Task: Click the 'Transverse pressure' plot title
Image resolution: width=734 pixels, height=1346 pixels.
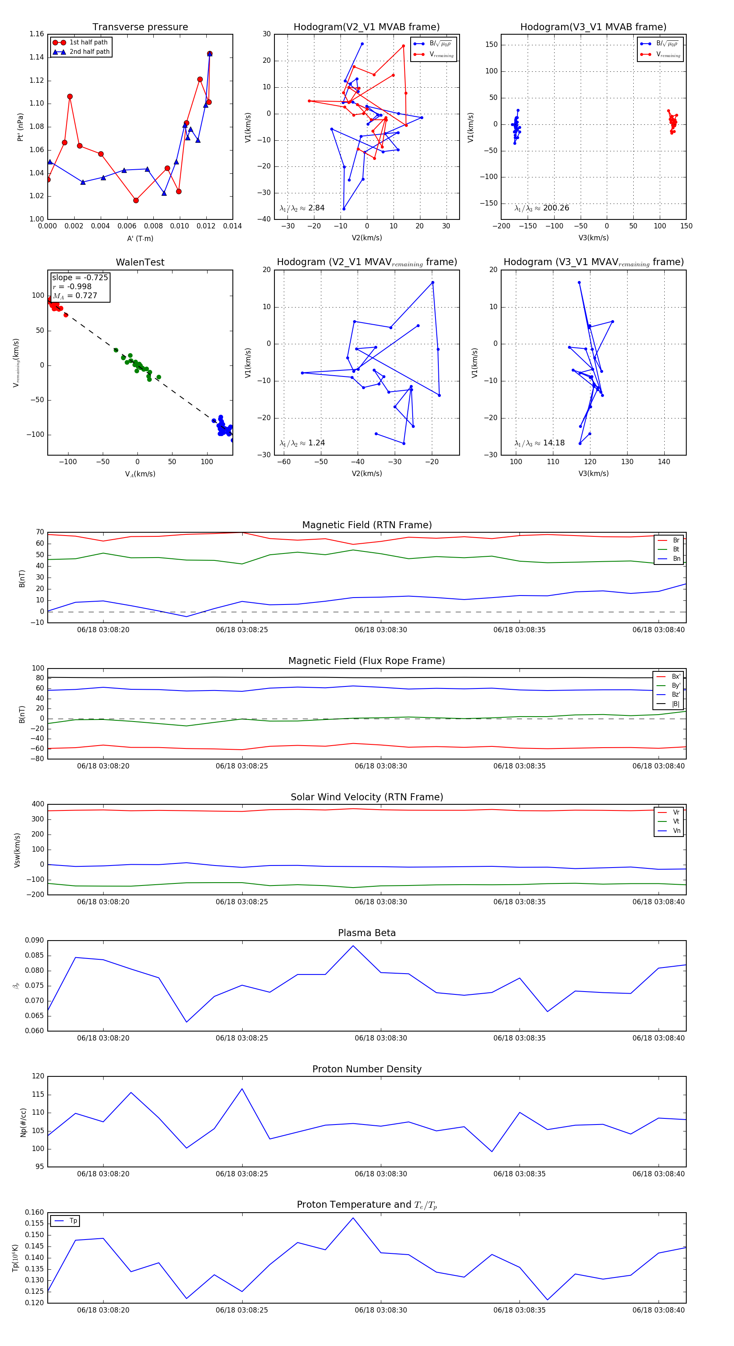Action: click(x=140, y=27)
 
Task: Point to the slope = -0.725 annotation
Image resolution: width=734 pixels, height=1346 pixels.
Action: click(x=80, y=277)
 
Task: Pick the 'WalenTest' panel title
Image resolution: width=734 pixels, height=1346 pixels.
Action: click(x=140, y=262)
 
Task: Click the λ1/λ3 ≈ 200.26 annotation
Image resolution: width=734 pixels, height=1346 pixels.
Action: click(x=542, y=208)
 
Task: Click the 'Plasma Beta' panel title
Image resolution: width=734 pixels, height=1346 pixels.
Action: click(x=367, y=933)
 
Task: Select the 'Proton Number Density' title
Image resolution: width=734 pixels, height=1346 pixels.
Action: click(x=367, y=1069)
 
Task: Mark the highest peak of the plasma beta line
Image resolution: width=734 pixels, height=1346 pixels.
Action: click(x=353, y=946)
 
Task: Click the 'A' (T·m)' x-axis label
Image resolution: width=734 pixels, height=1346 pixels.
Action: click(x=140, y=238)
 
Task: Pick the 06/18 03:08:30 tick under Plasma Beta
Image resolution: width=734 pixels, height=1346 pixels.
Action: click(x=380, y=1038)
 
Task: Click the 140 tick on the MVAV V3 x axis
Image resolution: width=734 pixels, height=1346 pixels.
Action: click(x=663, y=461)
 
